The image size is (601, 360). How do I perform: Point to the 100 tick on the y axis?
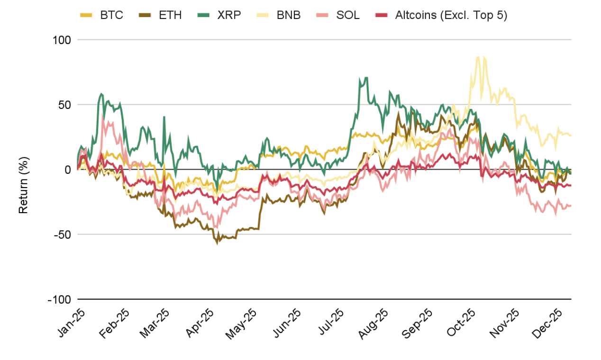click(61, 40)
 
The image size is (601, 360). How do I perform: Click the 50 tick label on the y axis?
click(64, 105)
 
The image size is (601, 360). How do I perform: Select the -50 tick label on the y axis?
click(62, 234)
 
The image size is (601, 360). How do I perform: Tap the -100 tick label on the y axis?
click(59, 300)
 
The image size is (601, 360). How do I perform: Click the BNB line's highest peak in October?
click(478, 57)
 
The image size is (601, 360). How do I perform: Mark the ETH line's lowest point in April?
click(218, 243)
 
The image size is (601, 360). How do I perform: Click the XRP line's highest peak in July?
click(366, 77)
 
